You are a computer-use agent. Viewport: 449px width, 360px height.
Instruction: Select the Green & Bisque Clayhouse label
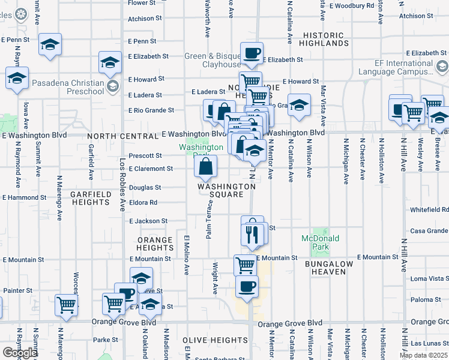(x=212, y=60)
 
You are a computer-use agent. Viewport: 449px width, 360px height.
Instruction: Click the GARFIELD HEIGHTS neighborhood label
(x=90, y=199)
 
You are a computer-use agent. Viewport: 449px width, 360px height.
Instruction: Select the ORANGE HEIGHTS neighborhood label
(x=155, y=244)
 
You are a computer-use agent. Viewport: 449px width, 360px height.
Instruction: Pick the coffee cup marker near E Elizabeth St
(x=252, y=53)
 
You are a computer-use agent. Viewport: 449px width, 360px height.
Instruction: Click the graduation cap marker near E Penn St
(x=50, y=44)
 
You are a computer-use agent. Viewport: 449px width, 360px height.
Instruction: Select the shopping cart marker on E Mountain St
(x=245, y=264)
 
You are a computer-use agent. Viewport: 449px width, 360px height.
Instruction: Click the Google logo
(x=20, y=353)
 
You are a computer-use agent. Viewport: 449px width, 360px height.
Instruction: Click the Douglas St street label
(x=143, y=187)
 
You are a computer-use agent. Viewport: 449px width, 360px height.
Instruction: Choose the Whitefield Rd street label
(x=430, y=209)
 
